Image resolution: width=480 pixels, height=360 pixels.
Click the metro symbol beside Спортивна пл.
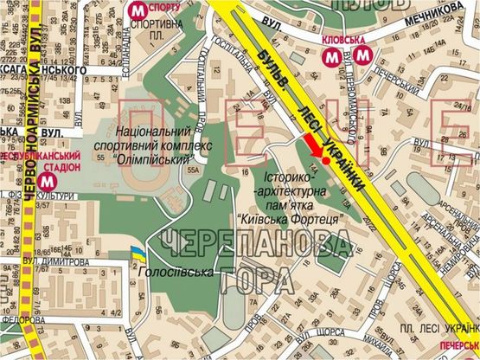coord(137,10)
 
